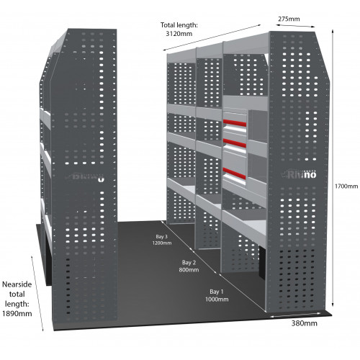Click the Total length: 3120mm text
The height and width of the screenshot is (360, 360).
point(181,30)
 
